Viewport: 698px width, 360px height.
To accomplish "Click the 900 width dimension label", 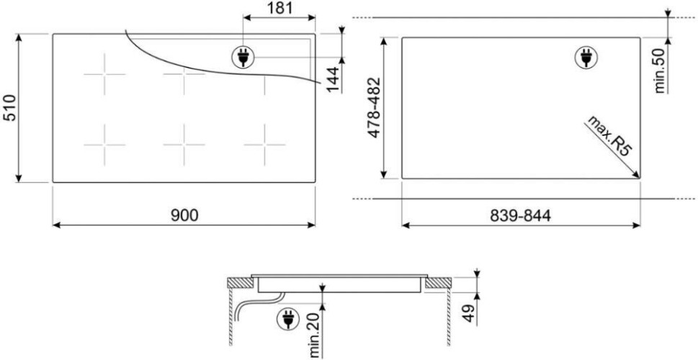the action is [x=184, y=215].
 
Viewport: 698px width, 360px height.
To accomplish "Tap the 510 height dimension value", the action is [x=10, y=108].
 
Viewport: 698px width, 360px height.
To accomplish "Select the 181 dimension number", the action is [x=279, y=8].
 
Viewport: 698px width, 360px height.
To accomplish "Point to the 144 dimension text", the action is [x=333, y=78].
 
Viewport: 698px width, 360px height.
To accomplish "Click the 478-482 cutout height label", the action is [x=374, y=108].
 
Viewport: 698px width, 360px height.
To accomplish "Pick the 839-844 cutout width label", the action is [x=520, y=215].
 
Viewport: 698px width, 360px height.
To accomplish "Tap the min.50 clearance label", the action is [x=660, y=71].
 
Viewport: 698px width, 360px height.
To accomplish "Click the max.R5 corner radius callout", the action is [x=609, y=135].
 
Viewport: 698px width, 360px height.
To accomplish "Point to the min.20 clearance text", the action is [x=316, y=335].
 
